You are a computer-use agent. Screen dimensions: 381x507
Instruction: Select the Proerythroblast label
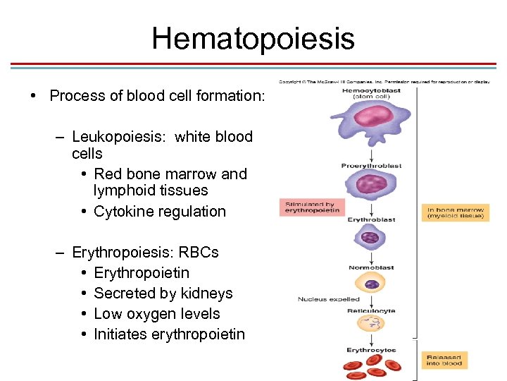tap(371, 166)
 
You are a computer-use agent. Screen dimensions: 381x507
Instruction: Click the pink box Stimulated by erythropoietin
tap(312, 207)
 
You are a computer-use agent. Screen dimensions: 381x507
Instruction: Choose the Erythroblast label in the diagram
tap(371, 219)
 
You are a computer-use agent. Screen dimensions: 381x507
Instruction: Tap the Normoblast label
tap(371, 267)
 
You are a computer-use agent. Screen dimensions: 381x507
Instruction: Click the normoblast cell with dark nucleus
tap(370, 284)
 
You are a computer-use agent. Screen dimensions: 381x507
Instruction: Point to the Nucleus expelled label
tap(328, 299)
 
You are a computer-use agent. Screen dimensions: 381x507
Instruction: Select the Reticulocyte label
tap(371, 310)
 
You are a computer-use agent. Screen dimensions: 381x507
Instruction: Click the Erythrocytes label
tap(371, 350)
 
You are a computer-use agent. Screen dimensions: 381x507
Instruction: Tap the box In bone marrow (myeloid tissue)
tap(456, 212)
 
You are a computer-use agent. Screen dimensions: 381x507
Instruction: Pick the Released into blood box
tap(444, 360)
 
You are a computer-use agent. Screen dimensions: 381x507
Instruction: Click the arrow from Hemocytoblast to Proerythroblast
tap(371, 154)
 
